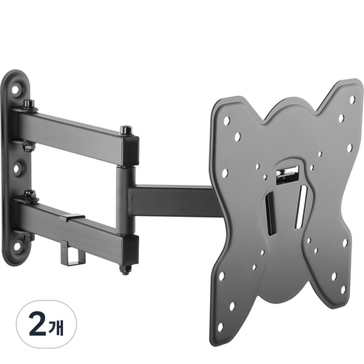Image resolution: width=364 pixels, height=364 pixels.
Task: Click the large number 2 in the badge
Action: [37, 324]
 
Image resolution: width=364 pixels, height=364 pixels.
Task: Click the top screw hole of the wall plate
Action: [15, 90]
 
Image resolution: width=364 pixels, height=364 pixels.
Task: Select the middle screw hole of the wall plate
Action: [16, 169]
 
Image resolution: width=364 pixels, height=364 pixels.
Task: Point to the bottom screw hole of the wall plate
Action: [17, 246]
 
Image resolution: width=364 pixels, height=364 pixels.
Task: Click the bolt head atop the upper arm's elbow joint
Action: [126, 130]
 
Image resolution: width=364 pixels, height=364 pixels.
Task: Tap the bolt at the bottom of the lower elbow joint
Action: [125, 269]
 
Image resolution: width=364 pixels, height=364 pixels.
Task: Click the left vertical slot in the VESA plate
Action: [270, 214]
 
